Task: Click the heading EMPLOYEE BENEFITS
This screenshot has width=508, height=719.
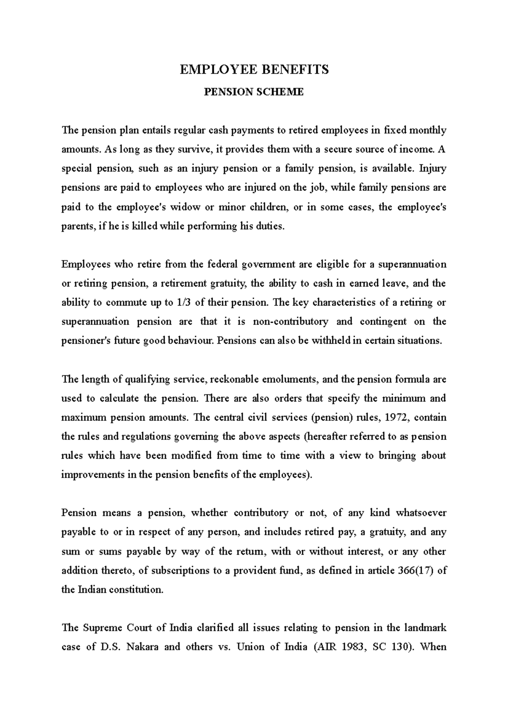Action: click(254, 69)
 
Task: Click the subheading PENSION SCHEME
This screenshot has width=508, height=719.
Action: click(254, 92)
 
